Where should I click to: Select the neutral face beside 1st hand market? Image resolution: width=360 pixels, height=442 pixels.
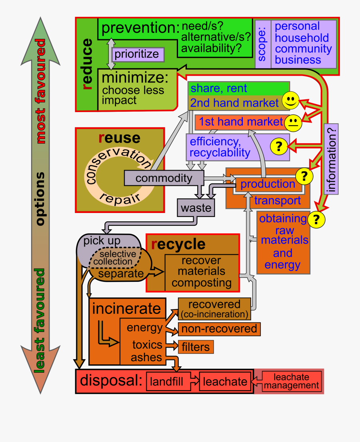[x=294, y=122]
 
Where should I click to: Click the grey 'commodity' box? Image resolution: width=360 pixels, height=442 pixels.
[x=164, y=178]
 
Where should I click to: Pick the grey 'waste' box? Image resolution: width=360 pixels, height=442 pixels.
[x=196, y=208]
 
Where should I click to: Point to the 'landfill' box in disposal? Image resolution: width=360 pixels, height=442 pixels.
[x=167, y=382]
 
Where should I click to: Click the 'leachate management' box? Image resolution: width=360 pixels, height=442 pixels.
[x=292, y=382]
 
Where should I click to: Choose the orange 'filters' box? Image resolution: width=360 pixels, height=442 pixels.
[x=196, y=347]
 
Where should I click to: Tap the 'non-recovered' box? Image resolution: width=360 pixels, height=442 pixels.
[x=220, y=329]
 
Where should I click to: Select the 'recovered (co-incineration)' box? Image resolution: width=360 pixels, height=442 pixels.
[x=214, y=309]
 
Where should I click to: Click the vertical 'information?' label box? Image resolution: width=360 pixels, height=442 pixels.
[x=331, y=159]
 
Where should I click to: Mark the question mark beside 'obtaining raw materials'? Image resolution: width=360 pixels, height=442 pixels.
[x=316, y=219]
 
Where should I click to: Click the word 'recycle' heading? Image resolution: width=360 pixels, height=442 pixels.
[x=178, y=244]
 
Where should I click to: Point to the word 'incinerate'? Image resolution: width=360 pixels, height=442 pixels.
[x=127, y=309]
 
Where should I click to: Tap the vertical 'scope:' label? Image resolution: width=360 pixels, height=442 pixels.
[x=263, y=44]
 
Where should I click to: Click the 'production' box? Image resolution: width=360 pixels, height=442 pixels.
[x=268, y=184]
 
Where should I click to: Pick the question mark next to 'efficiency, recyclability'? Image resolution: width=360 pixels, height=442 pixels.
[x=279, y=147]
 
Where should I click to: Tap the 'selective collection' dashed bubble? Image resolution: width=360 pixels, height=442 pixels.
[x=116, y=258]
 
